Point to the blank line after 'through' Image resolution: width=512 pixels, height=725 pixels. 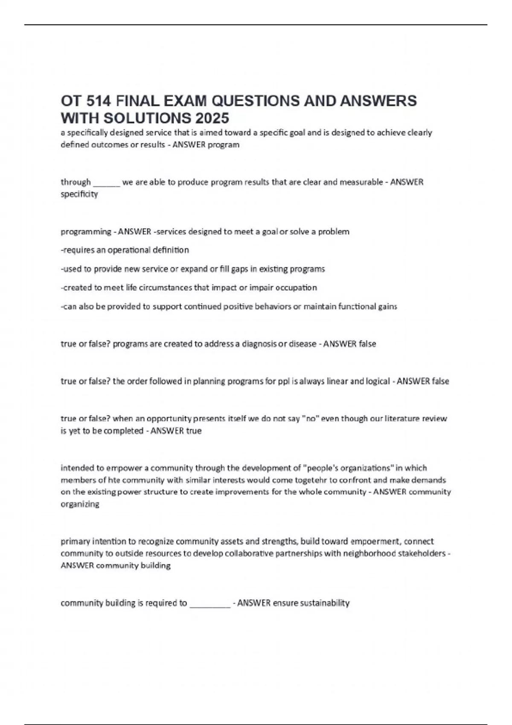point(106,183)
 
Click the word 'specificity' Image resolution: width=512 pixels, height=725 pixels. point(79,194)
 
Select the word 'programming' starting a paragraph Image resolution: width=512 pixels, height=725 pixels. point(86,232)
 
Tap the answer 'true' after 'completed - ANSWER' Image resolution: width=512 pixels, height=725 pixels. point(193,431)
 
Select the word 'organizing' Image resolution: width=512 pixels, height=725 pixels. point(80,504)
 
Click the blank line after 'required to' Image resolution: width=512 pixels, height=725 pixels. point(210,603)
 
